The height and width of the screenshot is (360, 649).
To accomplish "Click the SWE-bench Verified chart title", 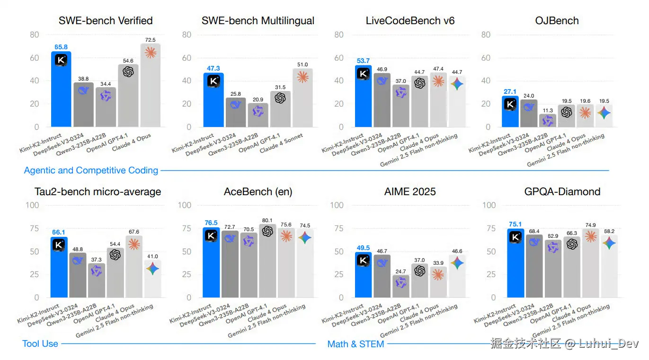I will point(106,21).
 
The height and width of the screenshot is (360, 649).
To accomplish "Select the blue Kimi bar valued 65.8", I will point(61,90).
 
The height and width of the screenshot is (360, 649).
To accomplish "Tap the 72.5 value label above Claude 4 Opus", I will point(151,40).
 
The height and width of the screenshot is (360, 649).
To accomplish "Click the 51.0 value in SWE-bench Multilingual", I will point(302,64).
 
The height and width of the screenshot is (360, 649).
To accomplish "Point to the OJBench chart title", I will point(557,21).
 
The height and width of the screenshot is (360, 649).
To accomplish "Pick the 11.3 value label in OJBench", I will point(547,110).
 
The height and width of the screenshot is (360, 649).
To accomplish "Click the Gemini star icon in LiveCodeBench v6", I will point(457,84).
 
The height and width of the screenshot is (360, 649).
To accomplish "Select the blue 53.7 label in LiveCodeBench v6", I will point(363,61).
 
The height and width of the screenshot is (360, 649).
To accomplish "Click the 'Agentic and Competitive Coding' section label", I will point(91,171).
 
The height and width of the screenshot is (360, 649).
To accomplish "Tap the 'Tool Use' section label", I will point(40,344).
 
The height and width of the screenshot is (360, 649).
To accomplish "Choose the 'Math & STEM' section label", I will point(356,344).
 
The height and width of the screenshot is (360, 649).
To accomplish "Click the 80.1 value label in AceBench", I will point(267,220).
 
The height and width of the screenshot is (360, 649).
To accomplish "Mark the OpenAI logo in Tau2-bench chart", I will point(115,255).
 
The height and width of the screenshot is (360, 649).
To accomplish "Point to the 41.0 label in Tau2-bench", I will point(153,256).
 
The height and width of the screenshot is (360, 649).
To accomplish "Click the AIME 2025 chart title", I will point(410,192).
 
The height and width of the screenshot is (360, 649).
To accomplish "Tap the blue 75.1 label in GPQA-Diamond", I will point(515,225).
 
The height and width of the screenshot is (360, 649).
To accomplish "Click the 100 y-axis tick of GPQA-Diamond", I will point(489,206).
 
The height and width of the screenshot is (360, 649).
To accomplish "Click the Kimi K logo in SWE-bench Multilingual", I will point(213,81).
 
